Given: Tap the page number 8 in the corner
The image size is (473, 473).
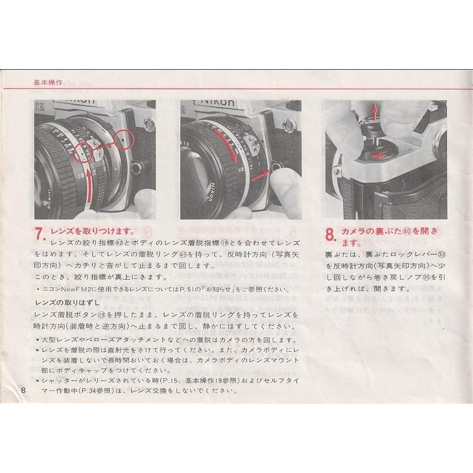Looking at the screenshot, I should pos(22,390).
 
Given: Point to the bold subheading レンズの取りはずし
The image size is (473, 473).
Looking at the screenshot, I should pos(63,302).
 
